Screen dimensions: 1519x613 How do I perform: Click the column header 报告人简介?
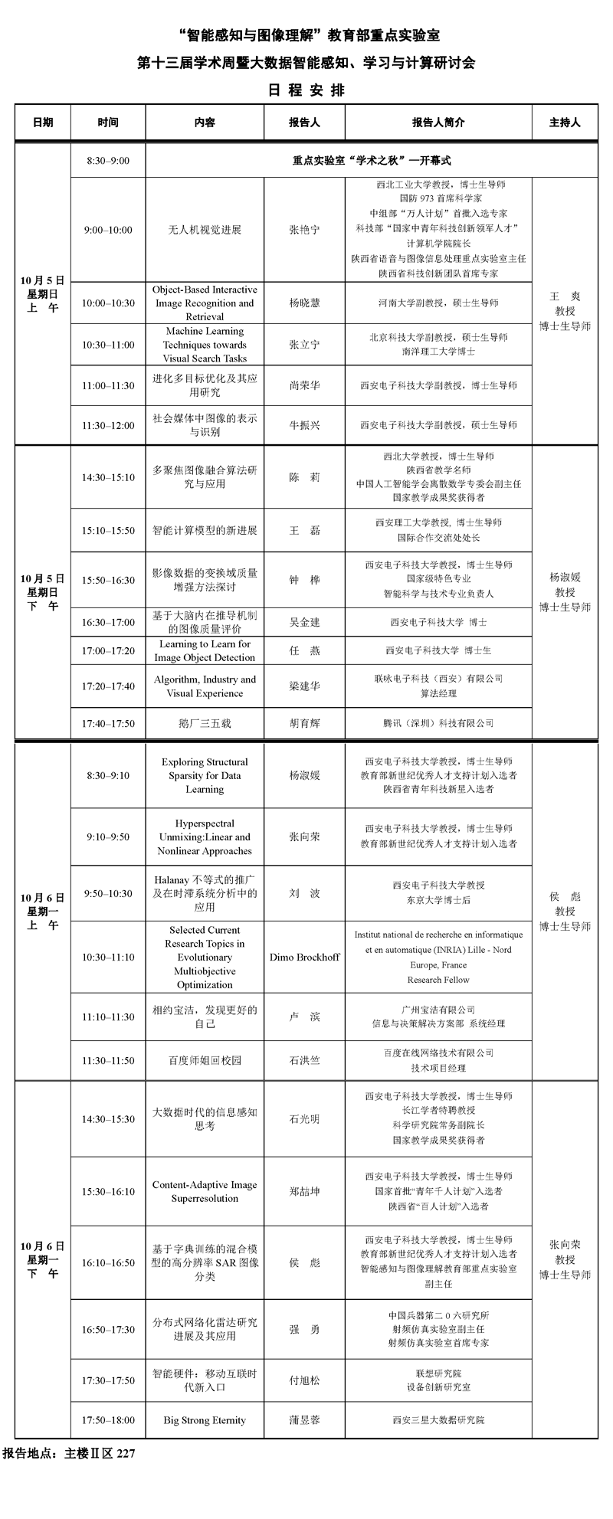tap(438, 123)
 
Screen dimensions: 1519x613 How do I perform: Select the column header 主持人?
tap(565, 123)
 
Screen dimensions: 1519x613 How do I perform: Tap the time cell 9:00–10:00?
tap(108, 230)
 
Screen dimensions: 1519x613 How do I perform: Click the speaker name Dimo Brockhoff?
tap(304, 957)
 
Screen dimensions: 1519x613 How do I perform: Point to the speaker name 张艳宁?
tap(304, 230)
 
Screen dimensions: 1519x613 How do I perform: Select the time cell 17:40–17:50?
tap(108, 723)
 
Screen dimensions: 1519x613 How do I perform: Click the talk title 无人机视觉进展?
tap(205, 230)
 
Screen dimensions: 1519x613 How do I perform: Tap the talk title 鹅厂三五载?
tap(205, 723)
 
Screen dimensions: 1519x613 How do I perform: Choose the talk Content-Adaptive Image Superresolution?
tap(205, 1191)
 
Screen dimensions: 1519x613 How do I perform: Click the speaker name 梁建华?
tap(304, 686)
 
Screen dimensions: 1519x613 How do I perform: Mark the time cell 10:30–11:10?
tap(108, 957)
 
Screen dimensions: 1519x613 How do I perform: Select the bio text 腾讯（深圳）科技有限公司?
tap(438, 723)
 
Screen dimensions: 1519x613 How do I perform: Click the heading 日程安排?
tap(306, 90)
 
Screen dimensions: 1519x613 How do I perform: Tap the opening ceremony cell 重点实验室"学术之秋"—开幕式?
tap(371, 161)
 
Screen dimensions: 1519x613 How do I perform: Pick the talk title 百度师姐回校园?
tap(205, 1060)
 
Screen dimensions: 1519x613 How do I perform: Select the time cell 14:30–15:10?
tap(108, 477)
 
